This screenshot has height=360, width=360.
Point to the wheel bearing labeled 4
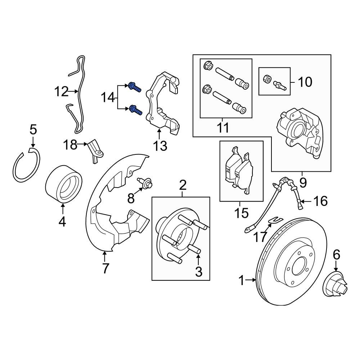tap(64, 183)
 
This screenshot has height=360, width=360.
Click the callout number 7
tap(105, 268)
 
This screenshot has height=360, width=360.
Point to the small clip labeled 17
tap(276, 220)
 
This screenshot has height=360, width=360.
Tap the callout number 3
tap(199, 272)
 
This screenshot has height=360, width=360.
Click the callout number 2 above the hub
tap(183, 185)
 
